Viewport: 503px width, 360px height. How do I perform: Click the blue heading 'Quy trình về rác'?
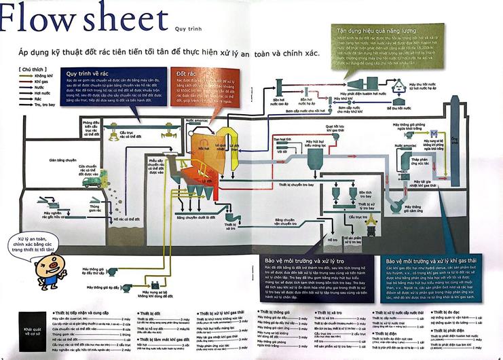(88, 73)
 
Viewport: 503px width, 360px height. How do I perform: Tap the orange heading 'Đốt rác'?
(187, 72)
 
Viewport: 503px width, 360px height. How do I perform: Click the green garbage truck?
(91, 180)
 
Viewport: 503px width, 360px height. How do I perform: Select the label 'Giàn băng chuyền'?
(62, 160)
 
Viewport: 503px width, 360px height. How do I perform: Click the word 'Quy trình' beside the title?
(189, 29)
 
